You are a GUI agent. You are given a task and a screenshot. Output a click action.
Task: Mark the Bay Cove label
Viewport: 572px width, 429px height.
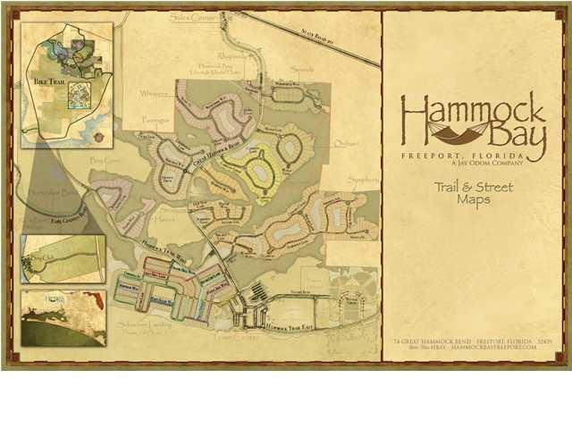pyautogui.click(x=105, y=161)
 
